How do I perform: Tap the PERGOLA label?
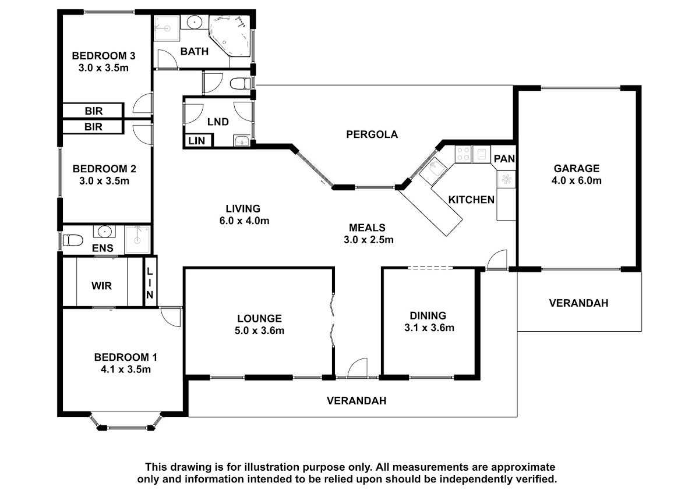372,134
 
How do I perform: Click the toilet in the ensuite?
72,240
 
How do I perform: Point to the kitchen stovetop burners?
463,154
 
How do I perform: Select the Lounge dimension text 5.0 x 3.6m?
259,331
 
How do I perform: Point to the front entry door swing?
356,368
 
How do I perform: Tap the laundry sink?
241,140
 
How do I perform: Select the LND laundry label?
218,122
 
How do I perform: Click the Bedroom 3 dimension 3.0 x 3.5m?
104,67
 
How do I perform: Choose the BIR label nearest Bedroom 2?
93,127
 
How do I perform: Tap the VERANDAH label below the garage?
578,303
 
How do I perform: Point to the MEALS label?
367,228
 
